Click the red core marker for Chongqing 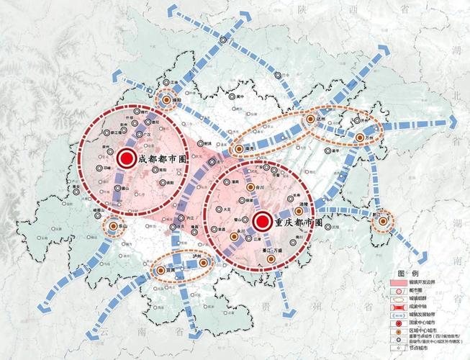[x=262, y=221]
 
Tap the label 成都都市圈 [x=163, y=160]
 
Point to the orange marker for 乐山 [x=114, y=227]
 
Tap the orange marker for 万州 [x=359, y=137]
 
